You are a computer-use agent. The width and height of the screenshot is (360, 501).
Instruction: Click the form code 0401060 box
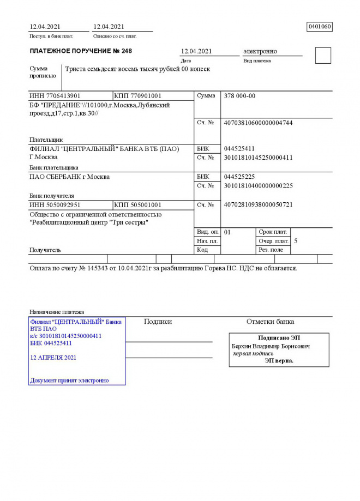320,27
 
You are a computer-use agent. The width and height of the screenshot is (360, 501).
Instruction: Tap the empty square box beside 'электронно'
323,56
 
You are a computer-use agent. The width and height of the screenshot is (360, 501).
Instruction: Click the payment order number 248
127,51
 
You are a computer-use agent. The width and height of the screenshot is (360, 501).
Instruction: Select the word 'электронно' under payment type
260,51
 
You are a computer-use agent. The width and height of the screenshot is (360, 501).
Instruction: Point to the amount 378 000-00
239,96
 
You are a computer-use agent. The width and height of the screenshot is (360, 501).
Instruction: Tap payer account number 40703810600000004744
258,123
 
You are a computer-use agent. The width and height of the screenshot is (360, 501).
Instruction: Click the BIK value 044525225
239,177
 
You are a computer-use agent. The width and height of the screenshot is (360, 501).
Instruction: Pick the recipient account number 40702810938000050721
258,205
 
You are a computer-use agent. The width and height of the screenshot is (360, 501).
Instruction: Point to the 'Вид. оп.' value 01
227,232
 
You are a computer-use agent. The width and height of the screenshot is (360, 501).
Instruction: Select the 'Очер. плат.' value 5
296,240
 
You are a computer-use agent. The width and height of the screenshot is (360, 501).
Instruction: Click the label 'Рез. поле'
271,250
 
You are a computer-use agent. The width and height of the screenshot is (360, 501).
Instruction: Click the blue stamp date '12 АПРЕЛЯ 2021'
53,358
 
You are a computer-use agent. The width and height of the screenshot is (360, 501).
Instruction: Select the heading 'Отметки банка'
270,322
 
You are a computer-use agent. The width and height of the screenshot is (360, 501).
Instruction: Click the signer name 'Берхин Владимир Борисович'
271,346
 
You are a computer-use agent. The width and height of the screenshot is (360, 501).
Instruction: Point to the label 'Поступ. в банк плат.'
51,37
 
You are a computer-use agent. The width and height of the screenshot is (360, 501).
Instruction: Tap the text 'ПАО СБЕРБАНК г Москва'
69,177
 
